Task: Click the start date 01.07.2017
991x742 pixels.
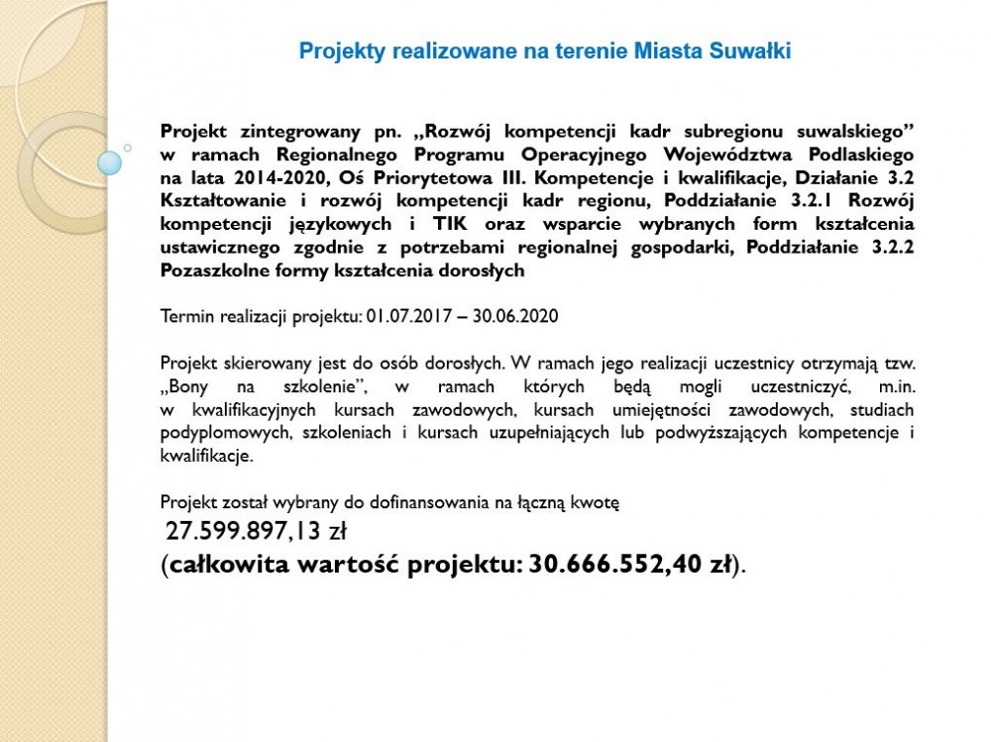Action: click(405, 317)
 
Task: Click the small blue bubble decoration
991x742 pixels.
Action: click(110, 160)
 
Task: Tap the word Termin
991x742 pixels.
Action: click(182, 317)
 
